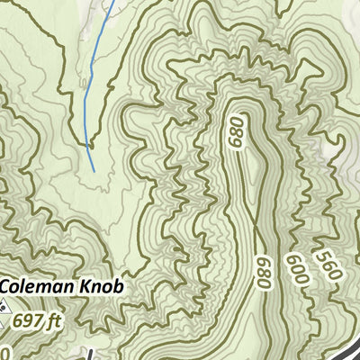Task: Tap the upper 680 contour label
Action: click(x=238, y=133)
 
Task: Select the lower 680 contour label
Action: click(x=264, y=273)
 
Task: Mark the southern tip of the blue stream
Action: click(x=94, y=170)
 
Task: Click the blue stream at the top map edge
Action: click(x=112, y=3)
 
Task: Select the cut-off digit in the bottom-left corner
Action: click(x=4, y=352)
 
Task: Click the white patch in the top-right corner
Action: click(x=346, y=18)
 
